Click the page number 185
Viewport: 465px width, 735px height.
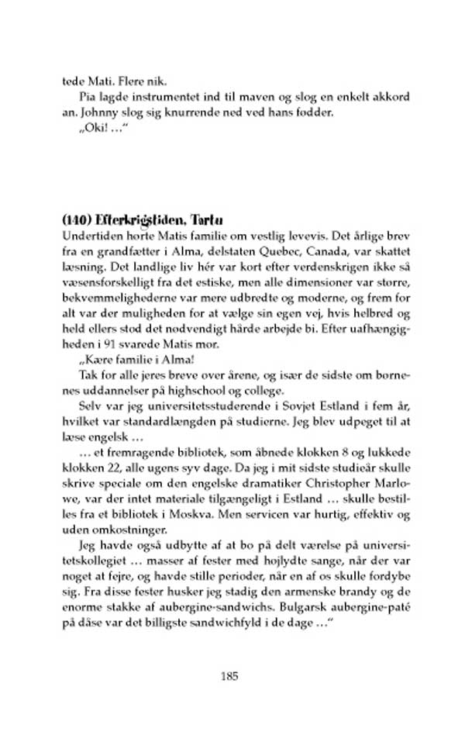click(x=228, y=675)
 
